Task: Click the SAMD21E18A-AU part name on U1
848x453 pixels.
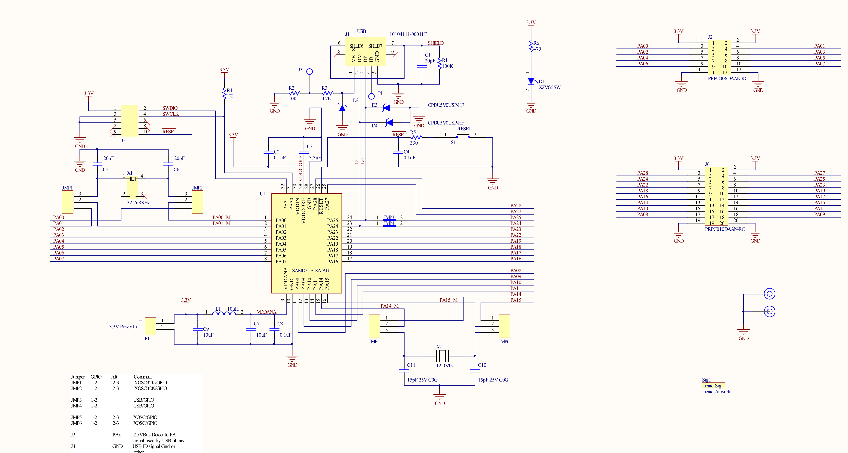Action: coord(310,270)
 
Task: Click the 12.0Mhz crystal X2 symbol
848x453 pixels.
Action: coord(443,356)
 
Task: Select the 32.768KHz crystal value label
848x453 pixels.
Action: coord(138,203)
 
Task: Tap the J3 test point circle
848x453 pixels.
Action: coord(309,71)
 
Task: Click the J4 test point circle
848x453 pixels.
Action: coord(371,96)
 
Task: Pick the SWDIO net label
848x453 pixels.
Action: coord(170,108)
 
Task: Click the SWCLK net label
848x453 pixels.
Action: coord(170,114)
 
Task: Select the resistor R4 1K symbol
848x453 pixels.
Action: coord(224,93)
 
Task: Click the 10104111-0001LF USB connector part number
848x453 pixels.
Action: coord(408,34)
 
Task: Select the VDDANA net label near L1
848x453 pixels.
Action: coord(266,312)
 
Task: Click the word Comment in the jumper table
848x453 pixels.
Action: coord(143,377)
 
